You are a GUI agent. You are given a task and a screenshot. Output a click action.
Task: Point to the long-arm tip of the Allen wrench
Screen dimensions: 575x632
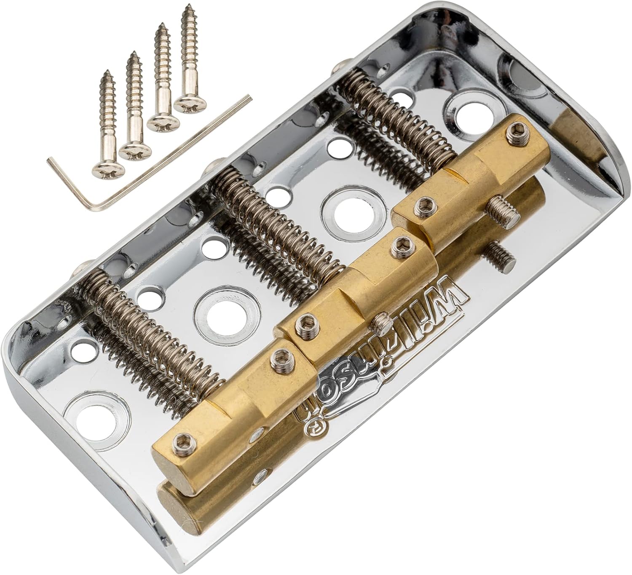250,99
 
